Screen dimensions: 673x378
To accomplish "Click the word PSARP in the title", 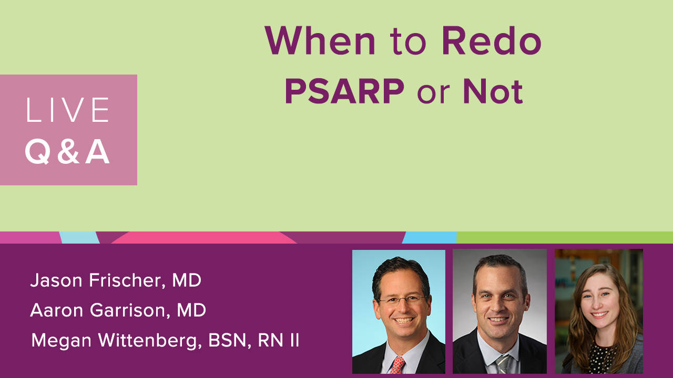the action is click(x=344, y=91).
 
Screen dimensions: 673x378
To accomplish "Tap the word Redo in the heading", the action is click(x=492, y=40).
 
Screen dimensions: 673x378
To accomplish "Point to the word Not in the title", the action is click(x=493, y=91).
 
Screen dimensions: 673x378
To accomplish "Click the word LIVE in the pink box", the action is click(x=68, y=110).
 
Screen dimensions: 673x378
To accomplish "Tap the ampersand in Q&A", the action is click(x=68, y=152).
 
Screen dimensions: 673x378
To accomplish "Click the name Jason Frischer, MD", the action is click(x=116, y=281).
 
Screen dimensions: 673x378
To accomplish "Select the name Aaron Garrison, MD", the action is click(x=118, y=310).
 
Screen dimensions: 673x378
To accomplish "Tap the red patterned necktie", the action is click(x=397, y=365).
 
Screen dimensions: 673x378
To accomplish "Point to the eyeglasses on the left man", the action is click(x=402, y=299).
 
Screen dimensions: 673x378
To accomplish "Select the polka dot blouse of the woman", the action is click(x=600, y=359).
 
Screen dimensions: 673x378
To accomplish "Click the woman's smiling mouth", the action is click(x=599, y=314).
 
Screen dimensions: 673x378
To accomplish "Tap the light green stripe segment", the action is click(x=565, y=237).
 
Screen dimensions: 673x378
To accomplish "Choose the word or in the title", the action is click(x=433, y=94).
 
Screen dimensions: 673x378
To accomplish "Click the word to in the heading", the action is click(x=408, y=43).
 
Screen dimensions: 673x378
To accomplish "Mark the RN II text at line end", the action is click(x=278, y=340).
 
